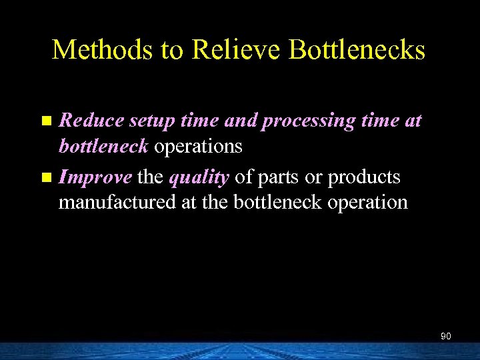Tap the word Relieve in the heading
[x=224, y=50]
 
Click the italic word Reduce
[x=91, y=121]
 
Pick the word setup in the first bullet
[x=151, y=122]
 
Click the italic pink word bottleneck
[x=104, y=145]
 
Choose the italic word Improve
[x=94, y=178]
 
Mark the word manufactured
[x=117, y=201]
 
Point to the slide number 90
[x=446, y=337]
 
